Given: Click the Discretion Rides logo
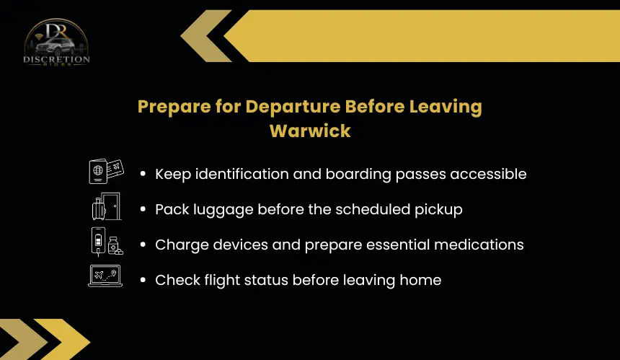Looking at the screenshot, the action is coord(56,42).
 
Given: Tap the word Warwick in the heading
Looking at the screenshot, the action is coord(310,131).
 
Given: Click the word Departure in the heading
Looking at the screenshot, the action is coord(293,107).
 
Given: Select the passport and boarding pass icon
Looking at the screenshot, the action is coord(107,171).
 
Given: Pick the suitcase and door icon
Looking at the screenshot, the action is coord(107,206).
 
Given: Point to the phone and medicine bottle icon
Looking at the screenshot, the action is coord(107,241).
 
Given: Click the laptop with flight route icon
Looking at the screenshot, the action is coord(105,276).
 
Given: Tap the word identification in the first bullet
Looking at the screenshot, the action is coord(242,174).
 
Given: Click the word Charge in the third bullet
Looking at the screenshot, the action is coord(182,245).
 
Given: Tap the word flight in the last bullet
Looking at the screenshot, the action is coord(222,280).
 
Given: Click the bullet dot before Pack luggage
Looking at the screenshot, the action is coord(143,209).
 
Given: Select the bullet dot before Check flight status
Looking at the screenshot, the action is coord(143,280).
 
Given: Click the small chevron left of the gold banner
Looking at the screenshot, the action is coord(206,36).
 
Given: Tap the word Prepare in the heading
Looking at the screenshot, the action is coord(174,107).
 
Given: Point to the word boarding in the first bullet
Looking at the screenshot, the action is coord(358,174).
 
